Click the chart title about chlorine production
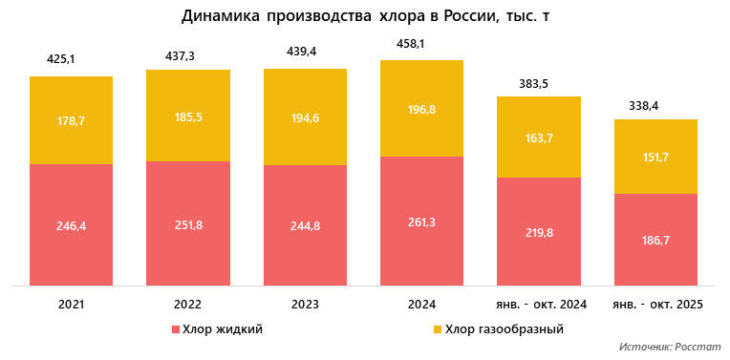pos(365,17)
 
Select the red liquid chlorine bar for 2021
pos(71,224)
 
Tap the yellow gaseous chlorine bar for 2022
pos(188,116)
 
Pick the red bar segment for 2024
pos(421,220)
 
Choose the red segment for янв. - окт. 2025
pos(655,239)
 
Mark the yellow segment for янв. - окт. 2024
pos(539,137)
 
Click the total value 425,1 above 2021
pos(61,59)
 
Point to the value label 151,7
pos(655,158)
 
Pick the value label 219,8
pos(539,231)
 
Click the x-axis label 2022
pos(188,305)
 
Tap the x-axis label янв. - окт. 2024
pos(539,305)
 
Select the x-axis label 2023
pos(305,305)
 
